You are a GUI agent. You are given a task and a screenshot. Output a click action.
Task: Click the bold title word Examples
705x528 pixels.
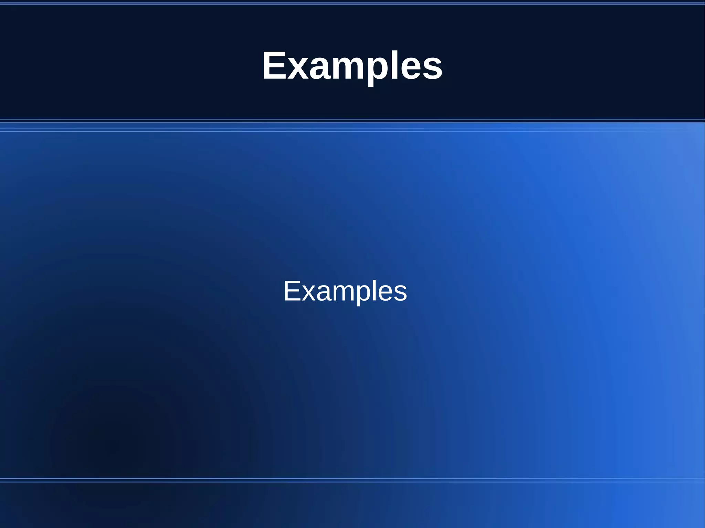[352, 65]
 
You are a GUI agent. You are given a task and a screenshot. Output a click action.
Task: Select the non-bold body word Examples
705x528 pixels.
[345, 291]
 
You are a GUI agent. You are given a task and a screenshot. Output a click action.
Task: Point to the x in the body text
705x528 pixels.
[308, 293]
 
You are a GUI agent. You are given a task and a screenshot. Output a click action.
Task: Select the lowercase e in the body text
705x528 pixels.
[386, 293]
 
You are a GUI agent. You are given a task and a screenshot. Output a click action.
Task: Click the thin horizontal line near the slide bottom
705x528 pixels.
[352, 478]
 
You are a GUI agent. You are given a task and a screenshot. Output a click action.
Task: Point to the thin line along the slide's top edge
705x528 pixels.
[352, 3]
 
